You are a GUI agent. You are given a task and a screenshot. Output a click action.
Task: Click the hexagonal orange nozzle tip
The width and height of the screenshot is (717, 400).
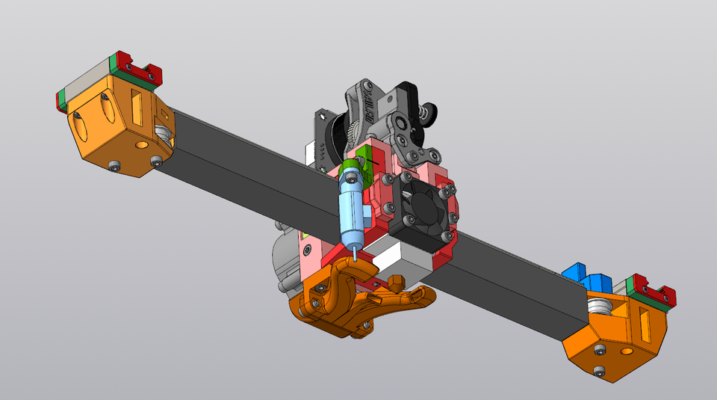tap(396, 282)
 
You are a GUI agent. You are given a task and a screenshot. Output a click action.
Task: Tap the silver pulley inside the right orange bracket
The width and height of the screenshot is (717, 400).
tap(599, 309)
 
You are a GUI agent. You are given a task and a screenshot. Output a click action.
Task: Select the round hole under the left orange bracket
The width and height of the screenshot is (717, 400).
tap(141, 142)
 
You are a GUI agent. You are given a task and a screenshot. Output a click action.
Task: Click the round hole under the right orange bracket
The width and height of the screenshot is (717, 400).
tap(623, 349)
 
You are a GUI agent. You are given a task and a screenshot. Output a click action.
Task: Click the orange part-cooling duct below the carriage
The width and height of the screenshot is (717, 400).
tap(358, 303)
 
